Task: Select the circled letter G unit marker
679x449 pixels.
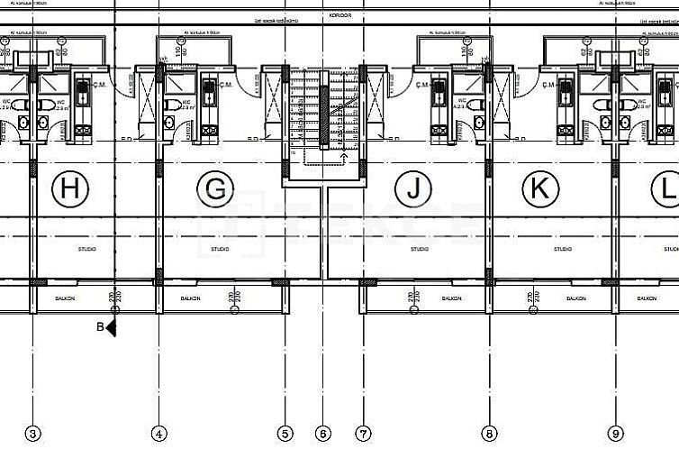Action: [215, 189]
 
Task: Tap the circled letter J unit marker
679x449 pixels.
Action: [413, 189]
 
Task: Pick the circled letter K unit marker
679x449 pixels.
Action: [540, 189]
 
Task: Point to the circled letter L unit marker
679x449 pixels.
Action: [667, 189]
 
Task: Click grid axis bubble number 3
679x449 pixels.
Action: [33, 434]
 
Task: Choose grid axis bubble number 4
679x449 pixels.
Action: [159, 434]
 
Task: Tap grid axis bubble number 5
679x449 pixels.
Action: [285, 434]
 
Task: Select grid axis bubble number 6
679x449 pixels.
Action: [324, 434]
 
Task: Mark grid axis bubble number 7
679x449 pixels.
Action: [363, 434]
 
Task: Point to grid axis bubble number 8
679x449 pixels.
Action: [489, 434]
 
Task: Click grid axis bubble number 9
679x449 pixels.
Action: [616, 434]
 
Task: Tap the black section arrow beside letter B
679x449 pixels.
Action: [112, 328]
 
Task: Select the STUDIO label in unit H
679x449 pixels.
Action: [87, 249]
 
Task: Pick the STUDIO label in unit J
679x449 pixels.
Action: [420, 249]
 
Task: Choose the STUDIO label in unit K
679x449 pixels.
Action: [563, 249]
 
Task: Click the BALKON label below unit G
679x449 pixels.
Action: [190, 298]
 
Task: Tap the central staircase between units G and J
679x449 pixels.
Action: [324, 113]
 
